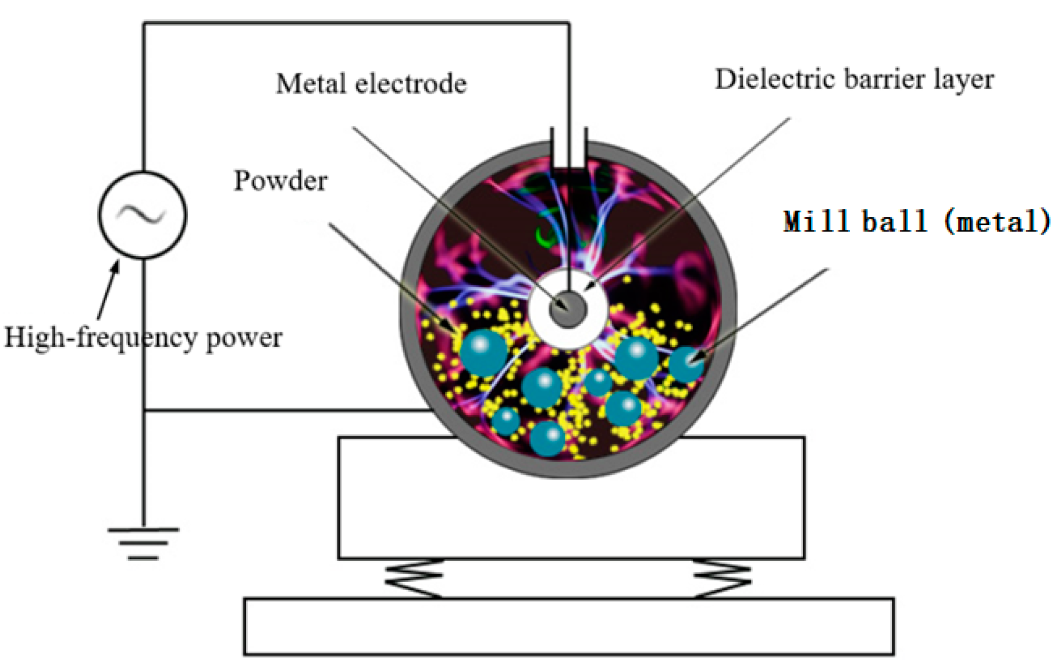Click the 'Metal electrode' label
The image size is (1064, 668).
[x=371, y=84]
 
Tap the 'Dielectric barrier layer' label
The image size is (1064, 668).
[x=854, y=80]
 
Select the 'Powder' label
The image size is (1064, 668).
[x=280, y=181]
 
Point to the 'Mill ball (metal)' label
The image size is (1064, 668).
[x=916, y=222]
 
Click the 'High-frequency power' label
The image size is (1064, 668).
[x=143, y=337]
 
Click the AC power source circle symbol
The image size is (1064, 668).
[x=143, y=215]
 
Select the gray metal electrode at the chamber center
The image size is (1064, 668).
[x=567, y=308]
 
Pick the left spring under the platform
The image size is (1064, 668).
[x=414, y=578]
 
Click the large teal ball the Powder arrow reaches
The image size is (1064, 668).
[x=483, y=352]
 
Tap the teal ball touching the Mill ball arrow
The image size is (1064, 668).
[x=687, y=364]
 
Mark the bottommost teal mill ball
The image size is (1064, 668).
[x=547, y=438]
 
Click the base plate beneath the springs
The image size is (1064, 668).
[x=568, y=626]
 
